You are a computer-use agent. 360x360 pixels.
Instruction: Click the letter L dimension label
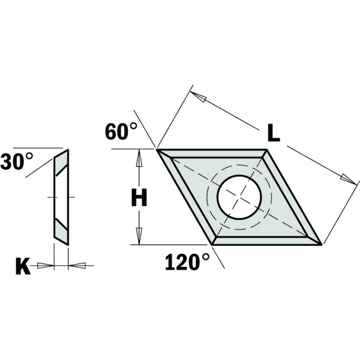pos(273,131)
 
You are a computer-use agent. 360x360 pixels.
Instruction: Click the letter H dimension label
pos(139,197)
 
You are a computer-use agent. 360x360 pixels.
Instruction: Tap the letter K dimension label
pos(23,266)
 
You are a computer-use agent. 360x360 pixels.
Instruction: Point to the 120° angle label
pos(187,262)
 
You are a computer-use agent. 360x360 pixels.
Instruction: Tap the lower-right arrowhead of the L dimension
pos(347,178)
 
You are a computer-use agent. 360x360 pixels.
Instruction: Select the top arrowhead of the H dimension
pos(139,158)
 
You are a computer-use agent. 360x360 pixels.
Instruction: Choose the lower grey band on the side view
pos(62,230)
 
